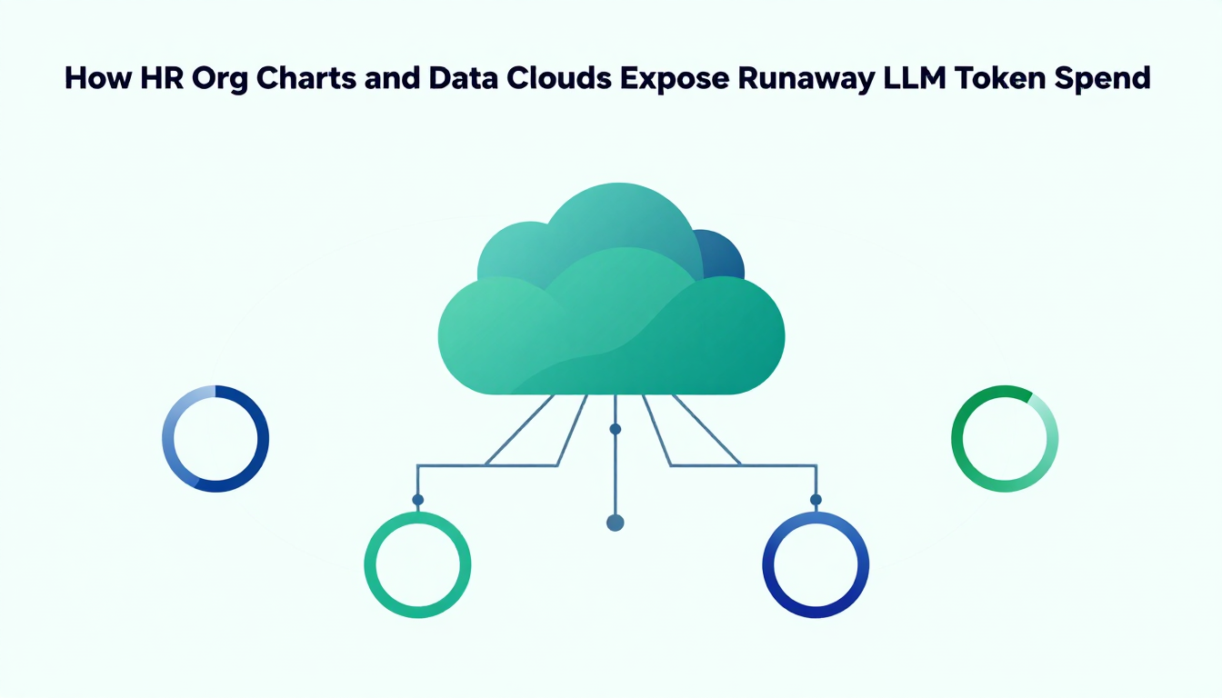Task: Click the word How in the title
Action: coord(98,78)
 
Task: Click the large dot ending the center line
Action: coord(616,523)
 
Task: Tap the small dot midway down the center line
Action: coord(616,429)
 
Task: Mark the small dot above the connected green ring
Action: coord(418,500)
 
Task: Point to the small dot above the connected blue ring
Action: coord(816,500)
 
